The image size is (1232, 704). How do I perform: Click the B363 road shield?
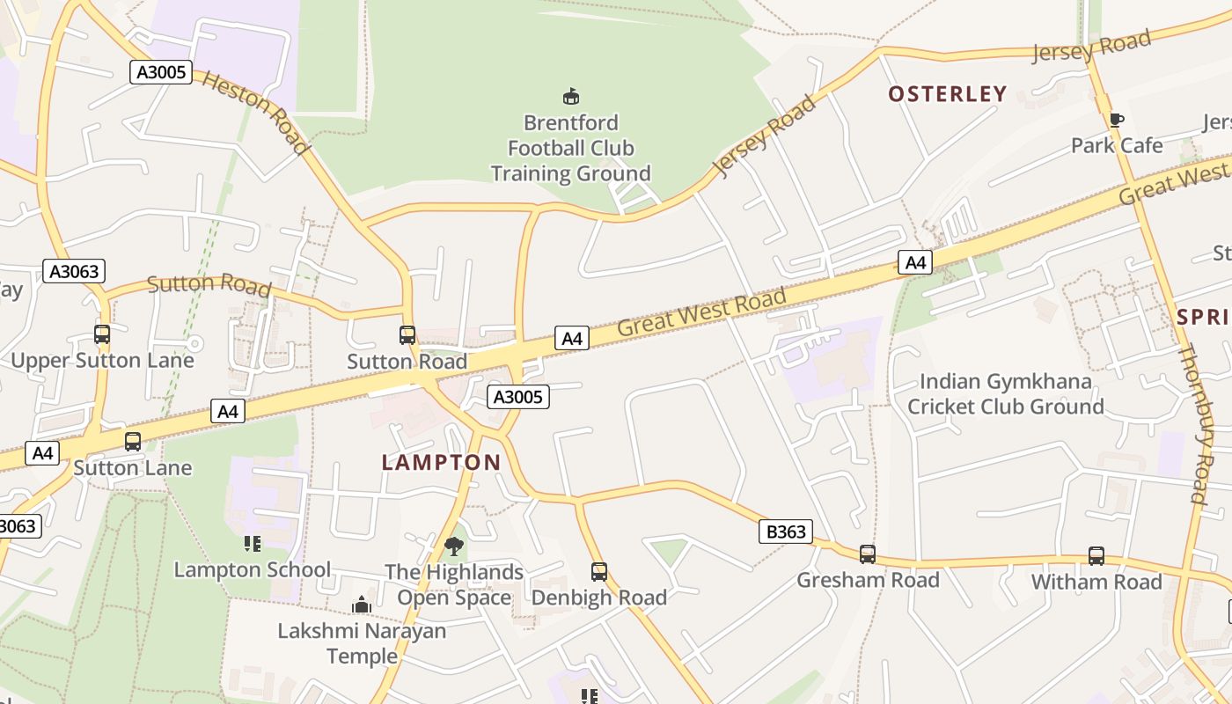point(785,532)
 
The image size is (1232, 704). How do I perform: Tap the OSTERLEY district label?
point(947,94)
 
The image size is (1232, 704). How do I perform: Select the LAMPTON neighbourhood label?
point(441,462)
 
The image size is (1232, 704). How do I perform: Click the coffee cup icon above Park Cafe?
point(1116,121)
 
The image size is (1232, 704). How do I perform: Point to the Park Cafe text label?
point(1117,145)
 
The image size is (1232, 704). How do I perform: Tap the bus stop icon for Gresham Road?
point(867,554)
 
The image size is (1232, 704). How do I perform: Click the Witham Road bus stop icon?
point(1096,556)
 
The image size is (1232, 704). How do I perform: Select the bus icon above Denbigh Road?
point(599,572)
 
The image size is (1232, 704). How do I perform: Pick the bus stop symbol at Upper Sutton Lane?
point(102,334)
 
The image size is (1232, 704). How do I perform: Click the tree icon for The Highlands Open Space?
point(453,546)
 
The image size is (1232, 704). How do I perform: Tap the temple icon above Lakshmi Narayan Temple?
point(362,605)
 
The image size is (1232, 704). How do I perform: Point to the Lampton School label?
point(253,569)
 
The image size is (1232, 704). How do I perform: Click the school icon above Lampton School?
point(253,544)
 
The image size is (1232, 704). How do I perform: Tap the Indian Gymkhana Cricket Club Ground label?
point(1005,394)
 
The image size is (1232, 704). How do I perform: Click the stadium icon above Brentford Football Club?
point(571,96)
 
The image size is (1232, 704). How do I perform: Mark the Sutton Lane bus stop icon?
point(133,442)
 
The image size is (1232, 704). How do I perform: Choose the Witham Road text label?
point(1096,582)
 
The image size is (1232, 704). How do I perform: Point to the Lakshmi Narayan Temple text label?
point(362,643)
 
